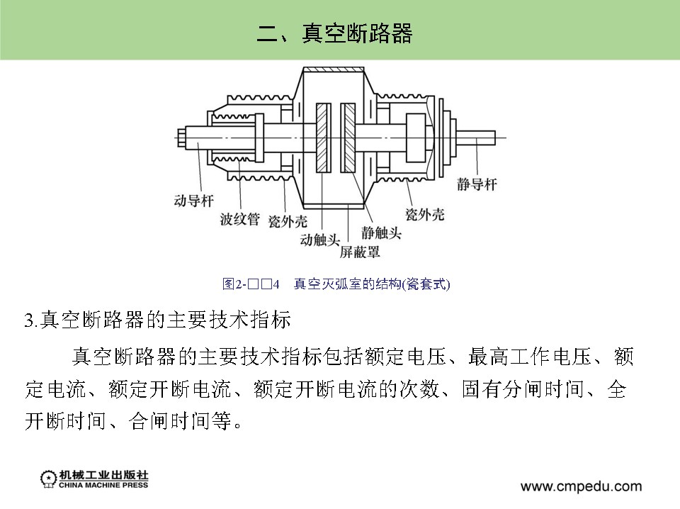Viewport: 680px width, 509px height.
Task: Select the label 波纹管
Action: [x=239, y=219]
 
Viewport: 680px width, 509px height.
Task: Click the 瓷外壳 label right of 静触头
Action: [x=425, y=214]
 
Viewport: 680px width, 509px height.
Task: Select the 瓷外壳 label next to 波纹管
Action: [x=288, y=222]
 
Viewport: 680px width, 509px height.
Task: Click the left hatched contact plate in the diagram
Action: [x=323, y=138]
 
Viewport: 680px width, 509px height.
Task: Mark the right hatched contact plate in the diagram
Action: [x=348, y=138]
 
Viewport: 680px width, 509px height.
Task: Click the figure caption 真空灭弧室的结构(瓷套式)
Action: [x=372, y=284]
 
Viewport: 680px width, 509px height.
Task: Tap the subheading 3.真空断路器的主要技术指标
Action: [x=157, y=320]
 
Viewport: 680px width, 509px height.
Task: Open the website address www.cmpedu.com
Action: [x=581, y=486]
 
